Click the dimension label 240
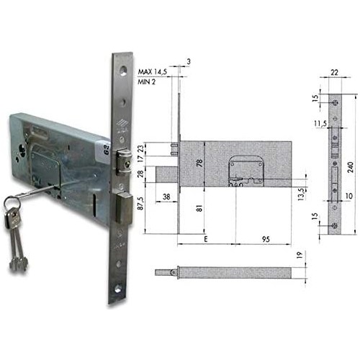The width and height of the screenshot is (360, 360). click(350, 167)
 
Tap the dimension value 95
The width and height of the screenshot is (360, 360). click(266, 239)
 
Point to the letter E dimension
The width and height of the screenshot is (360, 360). click(205, 239)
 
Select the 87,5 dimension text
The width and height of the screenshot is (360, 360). click(140, 204)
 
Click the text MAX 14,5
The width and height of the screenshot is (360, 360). click(153, 72)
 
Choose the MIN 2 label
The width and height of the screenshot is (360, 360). click(146, 82)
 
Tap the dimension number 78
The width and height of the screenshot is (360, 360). click(199, 163)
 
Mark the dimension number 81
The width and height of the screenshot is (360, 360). click(199, 208)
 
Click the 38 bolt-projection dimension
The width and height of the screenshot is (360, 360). click(166, 197)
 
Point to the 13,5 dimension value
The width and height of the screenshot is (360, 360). click(302, 194)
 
